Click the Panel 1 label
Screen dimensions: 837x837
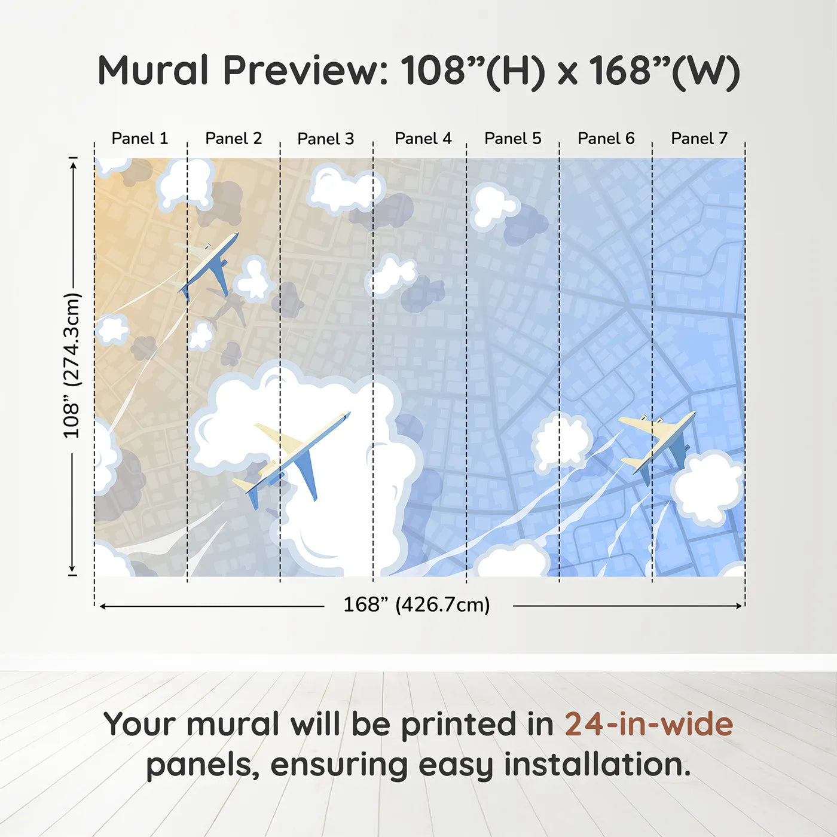[x=140, y=139]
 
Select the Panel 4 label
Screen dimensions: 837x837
[x=423, y=139]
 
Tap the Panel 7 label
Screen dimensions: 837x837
[x=699, y=139]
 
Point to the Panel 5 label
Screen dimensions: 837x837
[x=512, y=139]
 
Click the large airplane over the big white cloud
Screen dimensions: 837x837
[x=293, y=454]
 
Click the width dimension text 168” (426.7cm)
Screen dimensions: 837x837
[x=416, y=604]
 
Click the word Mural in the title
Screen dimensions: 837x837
[x=153, y=71]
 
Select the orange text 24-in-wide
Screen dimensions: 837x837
[x=649, y=724]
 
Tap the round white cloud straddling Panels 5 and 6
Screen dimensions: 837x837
[x=561, y=443]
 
